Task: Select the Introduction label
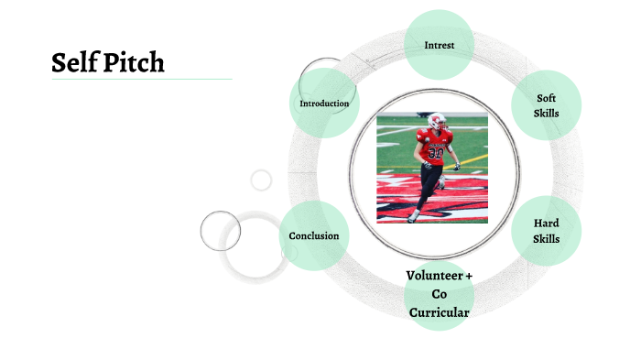324,104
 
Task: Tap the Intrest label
440,45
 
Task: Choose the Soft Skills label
547,106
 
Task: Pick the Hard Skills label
547,231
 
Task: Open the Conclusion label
314,236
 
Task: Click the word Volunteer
434,276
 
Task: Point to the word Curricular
440,313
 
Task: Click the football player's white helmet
438,120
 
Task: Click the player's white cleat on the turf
414,216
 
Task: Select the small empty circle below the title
261,180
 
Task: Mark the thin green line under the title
142,80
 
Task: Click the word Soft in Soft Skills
547,98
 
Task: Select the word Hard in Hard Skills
547,224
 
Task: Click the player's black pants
428,183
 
